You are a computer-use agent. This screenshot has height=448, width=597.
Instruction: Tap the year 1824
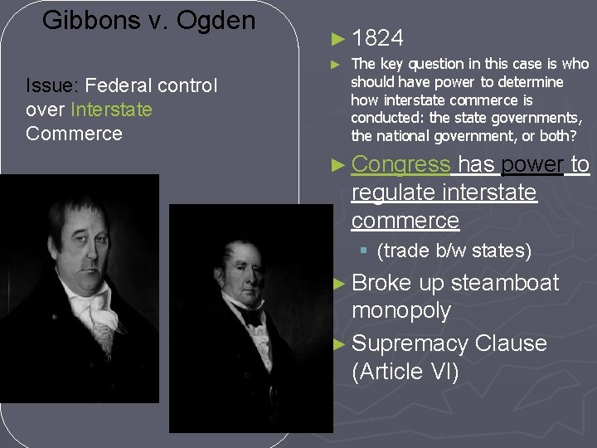pyautogui.click(x=377, y=38)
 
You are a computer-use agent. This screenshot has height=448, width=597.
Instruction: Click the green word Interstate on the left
pyautogui.click(x=111, y=110)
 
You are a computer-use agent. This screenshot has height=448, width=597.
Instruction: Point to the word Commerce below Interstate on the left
pyautogui.click(x=74, y=134)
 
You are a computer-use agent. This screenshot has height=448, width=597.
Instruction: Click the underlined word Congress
pyautogui.click(x=400, y=165)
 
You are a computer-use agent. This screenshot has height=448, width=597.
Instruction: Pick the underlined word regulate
pyautogui.click(x=394, y=192)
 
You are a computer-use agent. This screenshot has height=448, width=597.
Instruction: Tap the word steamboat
pyautogui.click(x=505, y=283)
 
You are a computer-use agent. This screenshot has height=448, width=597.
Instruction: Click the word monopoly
pyautogui.click(x=400, y=311)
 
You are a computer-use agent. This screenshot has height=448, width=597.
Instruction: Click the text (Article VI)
pyautogui.click(x=405, y=372)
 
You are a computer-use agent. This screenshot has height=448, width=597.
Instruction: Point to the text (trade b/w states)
pyautogui.click(x=454, y=251)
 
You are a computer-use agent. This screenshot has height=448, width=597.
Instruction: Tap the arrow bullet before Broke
pyautogui.click(x=337, y=284)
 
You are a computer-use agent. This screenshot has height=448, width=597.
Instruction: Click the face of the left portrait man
pyautogui.click(x=82, y=241)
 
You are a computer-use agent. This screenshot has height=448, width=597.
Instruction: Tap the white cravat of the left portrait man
pyautogui.click(x=90, y=311)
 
